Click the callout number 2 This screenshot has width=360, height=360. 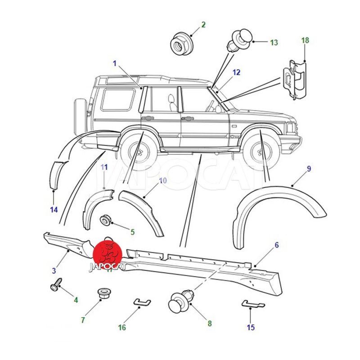[x=203, y=24]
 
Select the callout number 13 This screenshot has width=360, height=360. [x=274, y=43]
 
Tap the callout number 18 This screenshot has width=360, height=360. [x=305, y=40]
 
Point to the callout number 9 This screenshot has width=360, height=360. [x=309, y=169]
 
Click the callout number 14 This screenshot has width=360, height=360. [x=54, y=209]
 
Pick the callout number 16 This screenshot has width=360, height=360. [x=122, y=327]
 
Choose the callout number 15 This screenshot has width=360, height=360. [x=251, y=327]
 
